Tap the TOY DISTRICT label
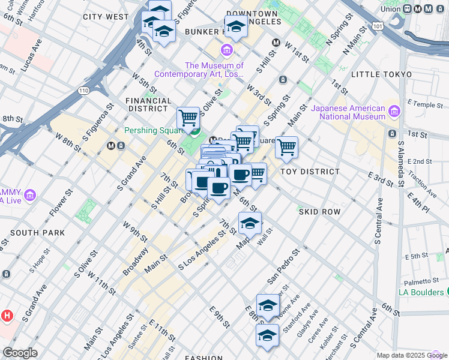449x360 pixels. tap(310, 172)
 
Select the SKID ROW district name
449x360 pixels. tap(319, 212)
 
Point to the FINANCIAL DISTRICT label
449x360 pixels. tap(148, 105)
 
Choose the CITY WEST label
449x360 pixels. tap(106, 17)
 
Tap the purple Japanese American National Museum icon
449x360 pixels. tap(394, 111)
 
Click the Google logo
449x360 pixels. tap(20, 352)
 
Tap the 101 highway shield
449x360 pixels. tap(377, 27)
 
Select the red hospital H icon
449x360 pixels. tap(7, 315)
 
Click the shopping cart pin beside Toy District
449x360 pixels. tap(287, 147)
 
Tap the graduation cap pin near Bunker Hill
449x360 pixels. tap(237, 27)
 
